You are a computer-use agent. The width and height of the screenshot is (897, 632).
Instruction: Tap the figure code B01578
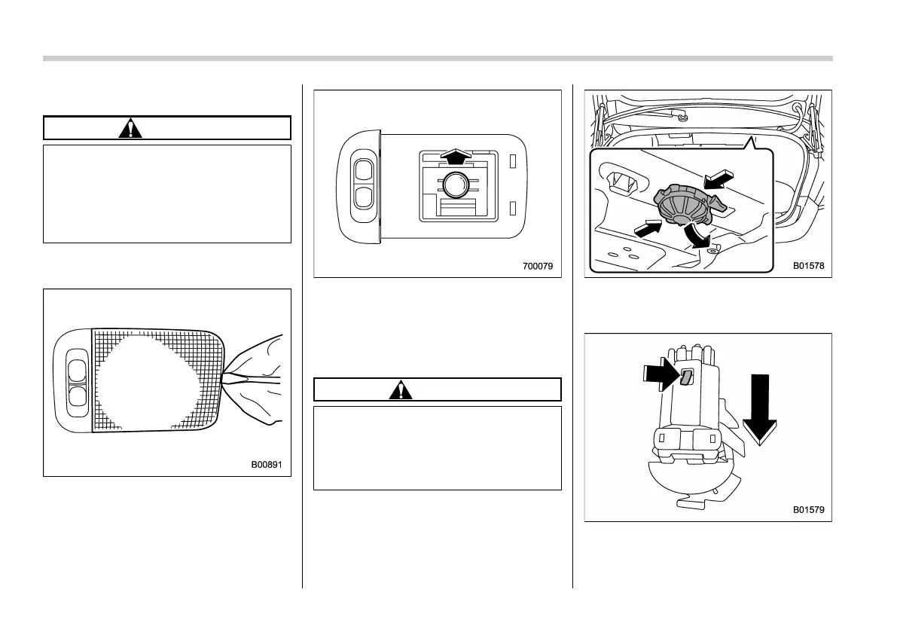tap(808, 266)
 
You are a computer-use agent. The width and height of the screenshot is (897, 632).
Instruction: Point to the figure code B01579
tap(808, 510)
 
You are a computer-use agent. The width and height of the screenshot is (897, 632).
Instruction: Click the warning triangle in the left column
tap(132, 128)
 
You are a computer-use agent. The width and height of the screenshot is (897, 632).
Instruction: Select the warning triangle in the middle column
tap(402, 389)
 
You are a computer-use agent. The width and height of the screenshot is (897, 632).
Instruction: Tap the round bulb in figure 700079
tap(456, 184)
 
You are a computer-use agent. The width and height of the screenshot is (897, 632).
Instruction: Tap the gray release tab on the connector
tap(685, 377)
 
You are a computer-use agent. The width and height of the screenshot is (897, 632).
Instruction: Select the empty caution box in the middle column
tap(438, 448)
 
